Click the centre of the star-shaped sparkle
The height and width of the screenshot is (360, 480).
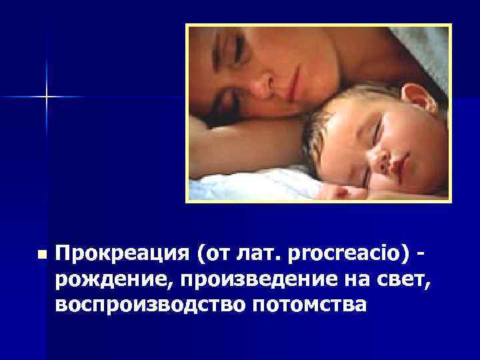click(x=47, y=97)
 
